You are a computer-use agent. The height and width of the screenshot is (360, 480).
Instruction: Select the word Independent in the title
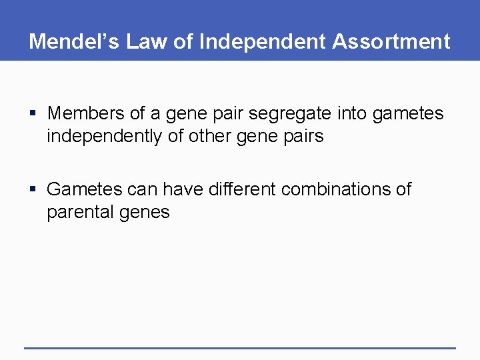pyautogui.click(x=262, y=41)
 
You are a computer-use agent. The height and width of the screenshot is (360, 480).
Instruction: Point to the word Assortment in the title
pyautogui.click(x=391, y=41)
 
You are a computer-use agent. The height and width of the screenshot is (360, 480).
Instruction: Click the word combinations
pyautogui.click(x=337, y=189)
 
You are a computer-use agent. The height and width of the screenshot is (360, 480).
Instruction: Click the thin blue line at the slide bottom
pyautogui.click(x=240, y=347)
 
